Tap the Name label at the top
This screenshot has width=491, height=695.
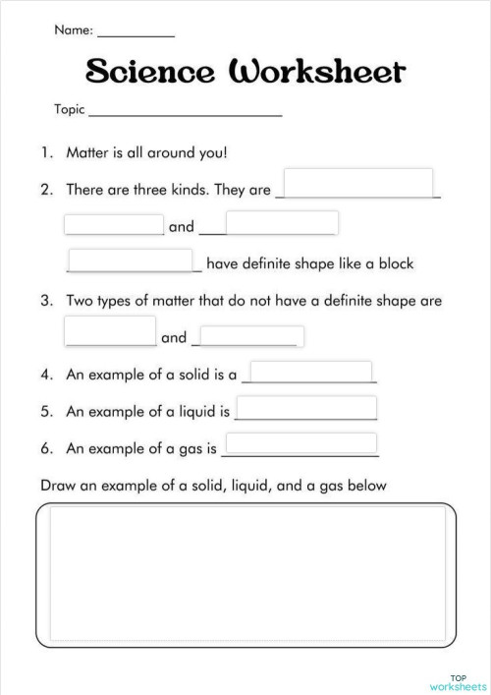[x=74, y=30]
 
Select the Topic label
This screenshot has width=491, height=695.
[x=71, y=110]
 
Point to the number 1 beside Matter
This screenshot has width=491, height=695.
[x=45, y=153]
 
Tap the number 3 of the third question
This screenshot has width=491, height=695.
[x=45, y=301]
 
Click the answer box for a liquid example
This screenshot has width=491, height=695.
[x=306, y=407]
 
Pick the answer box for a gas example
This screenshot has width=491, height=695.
[x=300, y=443]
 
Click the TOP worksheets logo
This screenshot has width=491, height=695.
[x=457, y=680]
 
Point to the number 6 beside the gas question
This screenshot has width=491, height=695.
[x=45, y=448]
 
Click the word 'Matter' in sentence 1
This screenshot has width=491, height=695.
[x=86, y=153]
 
